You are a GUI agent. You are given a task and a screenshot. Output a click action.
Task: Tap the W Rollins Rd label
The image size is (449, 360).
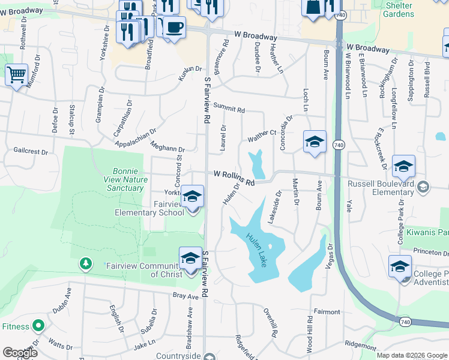pos(235,177)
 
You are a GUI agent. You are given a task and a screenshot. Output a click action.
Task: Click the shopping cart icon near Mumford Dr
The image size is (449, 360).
pos(16,75)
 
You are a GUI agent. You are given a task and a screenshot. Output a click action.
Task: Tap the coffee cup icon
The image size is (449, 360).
pos(174,27)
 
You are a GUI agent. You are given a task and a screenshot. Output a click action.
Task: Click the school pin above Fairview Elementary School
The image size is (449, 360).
pos(192,196)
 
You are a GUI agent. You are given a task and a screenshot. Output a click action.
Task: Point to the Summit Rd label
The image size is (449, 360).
pos(229,107)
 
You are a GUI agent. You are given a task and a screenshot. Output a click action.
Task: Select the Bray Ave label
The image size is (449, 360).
pos(185,296)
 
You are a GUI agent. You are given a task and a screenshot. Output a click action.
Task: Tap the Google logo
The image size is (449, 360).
pos(20,353)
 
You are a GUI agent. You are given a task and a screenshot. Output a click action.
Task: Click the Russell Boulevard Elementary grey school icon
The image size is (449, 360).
pos(423,187)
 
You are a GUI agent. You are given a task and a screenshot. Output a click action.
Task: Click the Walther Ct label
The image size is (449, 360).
pos(262,136)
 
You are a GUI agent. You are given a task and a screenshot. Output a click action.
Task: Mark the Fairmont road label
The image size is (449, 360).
pos(327,312)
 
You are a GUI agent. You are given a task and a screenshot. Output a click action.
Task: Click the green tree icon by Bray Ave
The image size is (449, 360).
pos(86,263)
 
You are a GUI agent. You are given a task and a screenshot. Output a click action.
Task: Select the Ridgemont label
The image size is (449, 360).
pos(361,346)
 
